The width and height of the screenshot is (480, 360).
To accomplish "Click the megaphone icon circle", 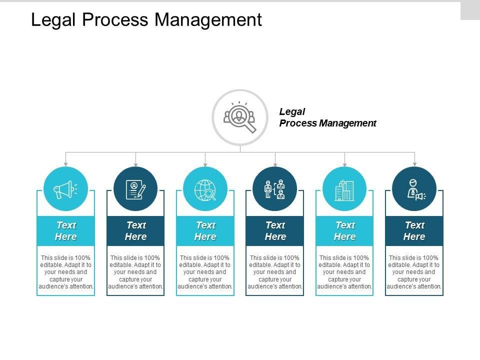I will [x=65, y=189].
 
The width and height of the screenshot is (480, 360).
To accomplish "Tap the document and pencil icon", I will [x=135, y=189].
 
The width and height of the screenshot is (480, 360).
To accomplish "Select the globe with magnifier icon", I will [x=205, y=189].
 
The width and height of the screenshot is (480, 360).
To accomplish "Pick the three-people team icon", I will [x=275, y=189].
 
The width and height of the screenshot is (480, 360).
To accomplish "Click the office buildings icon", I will [x=344, y=189].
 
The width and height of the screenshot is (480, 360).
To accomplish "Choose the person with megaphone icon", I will [x=414, y=189].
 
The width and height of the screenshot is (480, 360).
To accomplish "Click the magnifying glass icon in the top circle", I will [x=240, y=118].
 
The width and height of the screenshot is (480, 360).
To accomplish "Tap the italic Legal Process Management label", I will [x=327, y=117].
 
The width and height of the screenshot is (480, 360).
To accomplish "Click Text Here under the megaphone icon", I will [x=65, y=231].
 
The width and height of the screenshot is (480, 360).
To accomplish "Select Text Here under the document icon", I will [x=135, y=231].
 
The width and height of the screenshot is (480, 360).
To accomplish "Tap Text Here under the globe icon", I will [x=205, y=231].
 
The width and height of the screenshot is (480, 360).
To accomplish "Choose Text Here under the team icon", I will [x=275, y=231].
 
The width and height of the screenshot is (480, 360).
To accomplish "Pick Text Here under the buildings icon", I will [x=344, y=231].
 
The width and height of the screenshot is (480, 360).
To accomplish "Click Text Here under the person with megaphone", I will [x=414, y=231].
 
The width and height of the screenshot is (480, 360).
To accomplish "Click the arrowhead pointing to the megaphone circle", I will [x=65, y=163].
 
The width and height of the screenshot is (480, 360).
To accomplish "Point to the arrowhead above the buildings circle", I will [x=344, y=163].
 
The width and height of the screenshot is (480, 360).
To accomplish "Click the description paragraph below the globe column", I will [x=205, y=272].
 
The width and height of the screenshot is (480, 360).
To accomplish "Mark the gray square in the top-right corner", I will [x=470, y=10].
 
